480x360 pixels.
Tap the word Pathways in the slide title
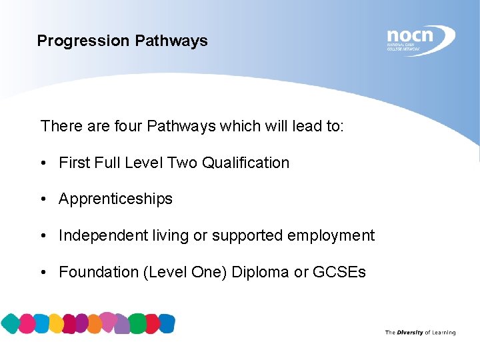click(x=171, y=41)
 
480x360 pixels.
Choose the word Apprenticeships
click(x=115, y=199)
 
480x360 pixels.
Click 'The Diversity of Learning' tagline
click(x=420, y=332)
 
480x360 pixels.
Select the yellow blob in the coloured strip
click(x=56, y=324)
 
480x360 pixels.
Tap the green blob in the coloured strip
click(x=137, y=323)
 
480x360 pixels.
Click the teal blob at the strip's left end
click(x=10, y=324)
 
